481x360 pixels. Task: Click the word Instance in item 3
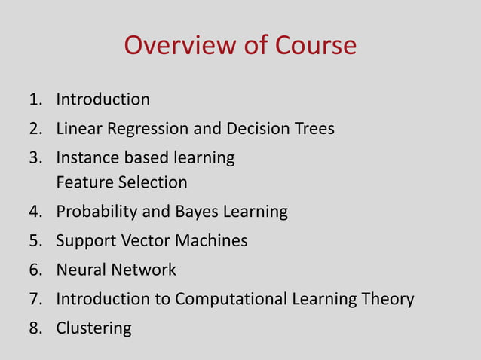[86, 158]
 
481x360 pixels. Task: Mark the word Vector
[139, 241]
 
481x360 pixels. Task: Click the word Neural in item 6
[79, 270]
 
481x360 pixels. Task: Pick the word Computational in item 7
[231, 300]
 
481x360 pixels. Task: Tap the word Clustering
[93, 328]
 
